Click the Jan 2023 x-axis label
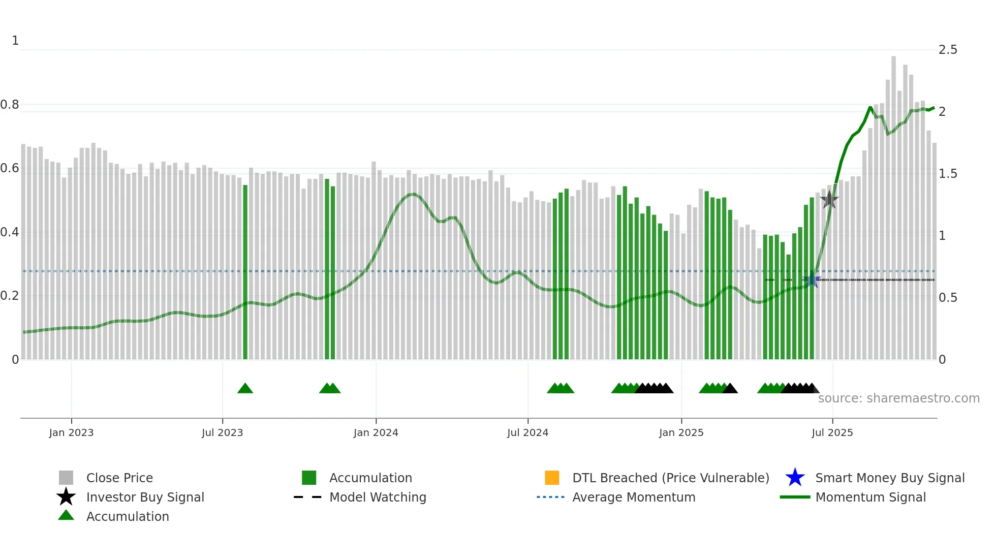click(71, 432)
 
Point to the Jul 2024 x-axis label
click(527, 432)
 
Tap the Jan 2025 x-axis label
click(681, 432)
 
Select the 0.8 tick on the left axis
click(10, 105)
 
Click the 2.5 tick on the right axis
click(948, 50)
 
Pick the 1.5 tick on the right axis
click(948, 174)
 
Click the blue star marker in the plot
click(812, 280)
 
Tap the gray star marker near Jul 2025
click(829, 200)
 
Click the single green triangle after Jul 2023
click(245, 389)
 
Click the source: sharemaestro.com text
click(898, 398)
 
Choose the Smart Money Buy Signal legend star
click(795, 478)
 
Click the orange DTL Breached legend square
click(552, 478)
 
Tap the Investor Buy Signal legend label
click(145, 497)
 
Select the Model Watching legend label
click(378, 497)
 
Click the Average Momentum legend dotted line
click(550, 497)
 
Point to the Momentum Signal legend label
click(870, 497)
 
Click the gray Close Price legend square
click(66, 478)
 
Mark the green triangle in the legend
click(66, 516)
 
